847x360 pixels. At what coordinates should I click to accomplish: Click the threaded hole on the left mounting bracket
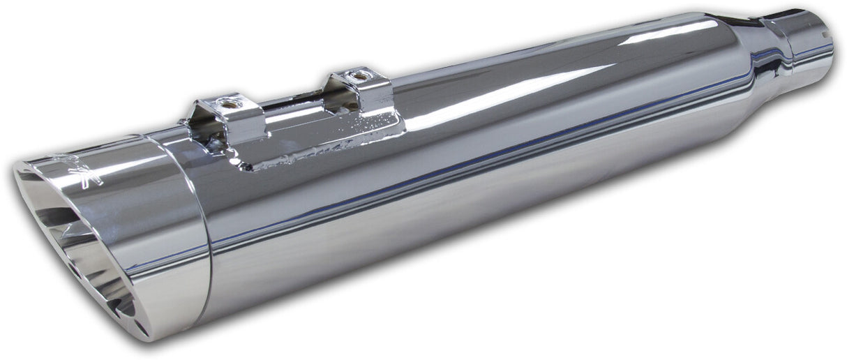click(x=227, y=103)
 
